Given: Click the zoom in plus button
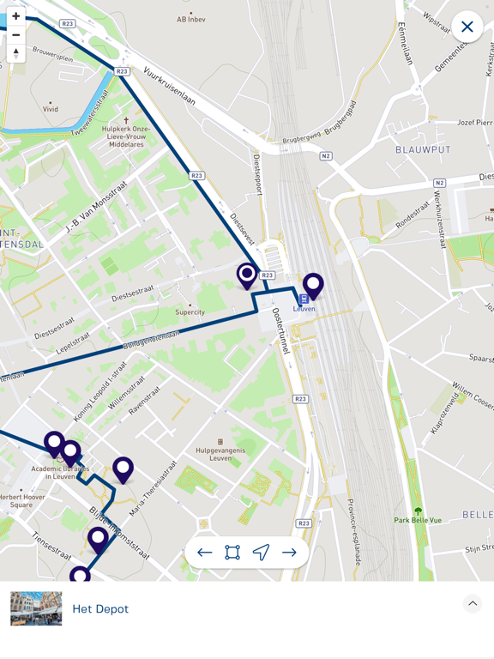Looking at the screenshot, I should pyautogui.click(x=15, y=16).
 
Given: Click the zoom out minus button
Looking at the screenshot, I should pyautogui.click(x=15, y=35).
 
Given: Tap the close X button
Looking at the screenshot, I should pyautogui.click(x=467, y=27).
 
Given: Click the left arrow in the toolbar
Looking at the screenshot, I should pyautogui.click(x=204, y=553).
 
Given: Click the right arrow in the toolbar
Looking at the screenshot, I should pyautogui.click(x=289, y=553).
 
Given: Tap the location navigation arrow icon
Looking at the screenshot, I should pyautogui.click(x=261, y=553).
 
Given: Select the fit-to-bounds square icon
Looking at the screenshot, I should pyautogui.click(x=232, y=553).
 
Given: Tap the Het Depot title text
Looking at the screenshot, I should pyautogui.click(x=100, y=608).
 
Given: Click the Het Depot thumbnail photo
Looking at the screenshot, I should pyautogui.click(x=36, y=608).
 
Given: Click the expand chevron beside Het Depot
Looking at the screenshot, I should pyautogui.click(x=473, y=604).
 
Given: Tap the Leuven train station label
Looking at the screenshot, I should pyautogui.click(x=304, y=309).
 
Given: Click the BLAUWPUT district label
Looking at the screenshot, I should pyautogui.click(x=423, y=149).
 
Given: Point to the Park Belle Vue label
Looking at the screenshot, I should pyautogui.click(x=418, y=520).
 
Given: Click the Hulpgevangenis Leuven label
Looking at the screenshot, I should pyautogui.click(x=220, y=454).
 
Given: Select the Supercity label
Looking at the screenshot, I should pyautogui.click(x=190, y=312).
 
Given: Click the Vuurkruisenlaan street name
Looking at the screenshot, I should pyautogui.click(x=169, y=86).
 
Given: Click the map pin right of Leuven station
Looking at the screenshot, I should pyautogui.click(x=313, y=285).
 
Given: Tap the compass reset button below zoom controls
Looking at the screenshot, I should pyautogui.click(x=15, y=53).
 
